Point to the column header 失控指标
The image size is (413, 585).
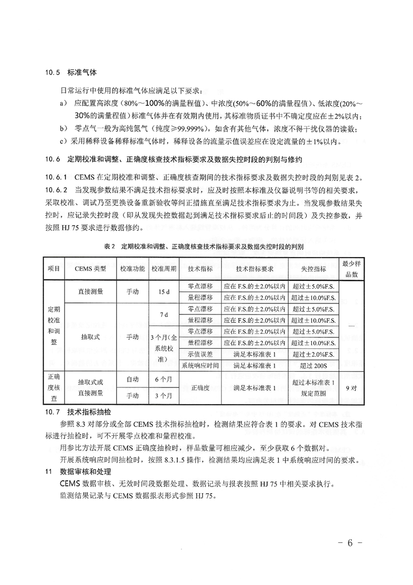tap(314, 269)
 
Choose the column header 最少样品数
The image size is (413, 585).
tap(350, 269)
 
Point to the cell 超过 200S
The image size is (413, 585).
tap(314, 366)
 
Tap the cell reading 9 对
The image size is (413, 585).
tap(350, 388)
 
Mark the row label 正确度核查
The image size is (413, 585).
tap(54, 388)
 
